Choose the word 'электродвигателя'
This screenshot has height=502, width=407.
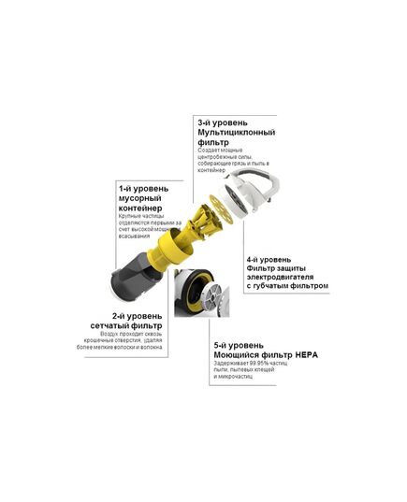point(286,278)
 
